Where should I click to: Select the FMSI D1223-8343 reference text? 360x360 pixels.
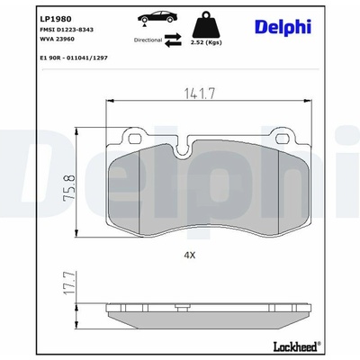coord(67,30)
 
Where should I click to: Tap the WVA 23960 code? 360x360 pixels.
coord(57,39)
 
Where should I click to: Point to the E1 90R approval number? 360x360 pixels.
coord(74,58)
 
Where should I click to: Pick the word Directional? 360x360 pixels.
coord(148,40)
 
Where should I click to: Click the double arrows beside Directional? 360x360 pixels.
coord(173,40)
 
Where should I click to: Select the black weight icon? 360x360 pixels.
coord(206,25)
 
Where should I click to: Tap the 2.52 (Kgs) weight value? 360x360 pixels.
coord(206,42)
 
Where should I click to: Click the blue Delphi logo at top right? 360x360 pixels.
coord(283,27)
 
